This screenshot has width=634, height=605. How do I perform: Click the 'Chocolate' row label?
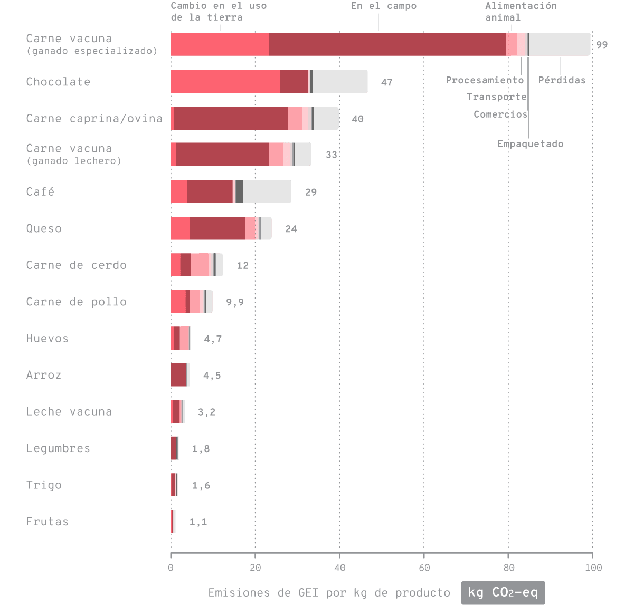(58, 82)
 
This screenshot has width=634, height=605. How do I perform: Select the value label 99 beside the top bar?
(602, 45)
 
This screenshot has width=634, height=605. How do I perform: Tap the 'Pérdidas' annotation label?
(562, 80)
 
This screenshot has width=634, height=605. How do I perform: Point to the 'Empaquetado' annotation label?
(530, 143)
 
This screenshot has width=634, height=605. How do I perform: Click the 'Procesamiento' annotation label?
(485, 80)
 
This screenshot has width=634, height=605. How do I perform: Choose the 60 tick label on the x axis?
(424, 568)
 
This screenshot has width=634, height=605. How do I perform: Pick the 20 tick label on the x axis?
(255, 568)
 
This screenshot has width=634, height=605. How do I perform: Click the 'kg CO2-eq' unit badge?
(503, 592)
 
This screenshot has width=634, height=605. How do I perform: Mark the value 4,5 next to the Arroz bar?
(212, 376)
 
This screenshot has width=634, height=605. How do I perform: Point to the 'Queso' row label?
(44, 228)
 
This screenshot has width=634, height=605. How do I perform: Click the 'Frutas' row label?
(47, 522)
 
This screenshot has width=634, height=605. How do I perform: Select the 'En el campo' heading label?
(383, 6)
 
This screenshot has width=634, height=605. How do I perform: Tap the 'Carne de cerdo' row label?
(76, 265)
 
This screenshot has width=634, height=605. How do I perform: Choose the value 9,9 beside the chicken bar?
(234, 302)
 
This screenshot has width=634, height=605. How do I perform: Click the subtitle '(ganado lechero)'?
(73, 160)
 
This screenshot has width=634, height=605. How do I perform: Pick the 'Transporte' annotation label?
(496, 97)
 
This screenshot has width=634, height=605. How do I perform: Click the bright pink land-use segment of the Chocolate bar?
(225, 82)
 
